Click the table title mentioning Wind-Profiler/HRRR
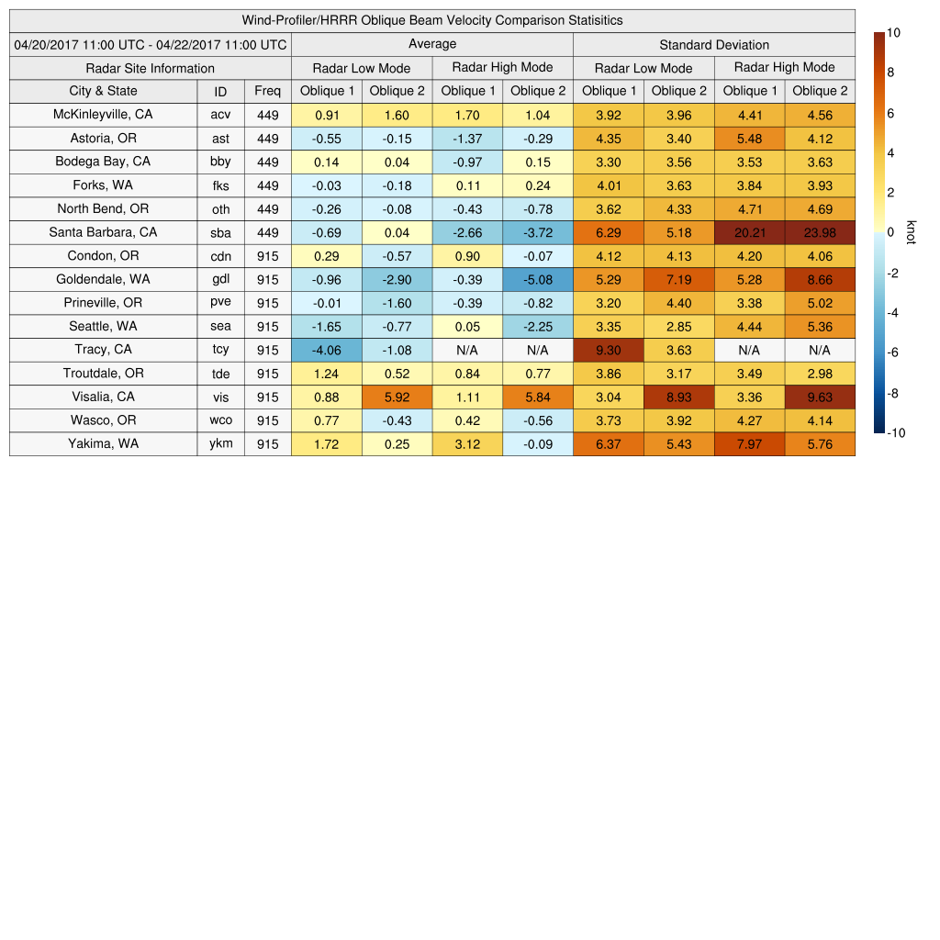(432, 20)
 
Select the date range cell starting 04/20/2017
(151, 44)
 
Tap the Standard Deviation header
(714, 45)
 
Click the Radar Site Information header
(151, 68)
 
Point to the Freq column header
(268, 91)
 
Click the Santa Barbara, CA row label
(104, 232)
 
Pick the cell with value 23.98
(820, 233)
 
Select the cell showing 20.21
(750, 233)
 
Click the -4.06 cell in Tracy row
(327, 350)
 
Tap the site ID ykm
(220, 444)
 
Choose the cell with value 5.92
(397, 397)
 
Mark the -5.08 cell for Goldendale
(538, 280)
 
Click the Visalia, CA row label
(104, 397)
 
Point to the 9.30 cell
(609, 350)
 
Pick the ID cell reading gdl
(220, 280)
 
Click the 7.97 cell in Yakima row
(750, 444)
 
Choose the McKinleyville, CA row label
(104, 115)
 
